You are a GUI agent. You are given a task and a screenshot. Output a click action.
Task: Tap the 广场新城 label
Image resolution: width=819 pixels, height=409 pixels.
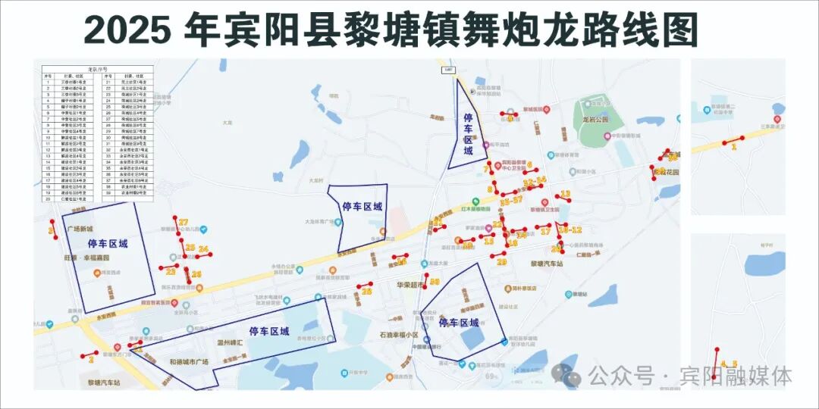(79, 229)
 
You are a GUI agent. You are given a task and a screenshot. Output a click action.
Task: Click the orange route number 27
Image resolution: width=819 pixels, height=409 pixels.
(183, 222)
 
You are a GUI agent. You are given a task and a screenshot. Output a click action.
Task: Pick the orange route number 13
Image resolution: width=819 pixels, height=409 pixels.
(565, 195)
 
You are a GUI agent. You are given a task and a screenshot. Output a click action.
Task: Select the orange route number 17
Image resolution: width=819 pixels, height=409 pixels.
(545, 232)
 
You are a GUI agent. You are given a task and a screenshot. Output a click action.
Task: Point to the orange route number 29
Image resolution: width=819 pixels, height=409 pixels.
(501, 262)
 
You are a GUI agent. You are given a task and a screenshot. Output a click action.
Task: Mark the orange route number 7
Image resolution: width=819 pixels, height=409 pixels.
(488, 169)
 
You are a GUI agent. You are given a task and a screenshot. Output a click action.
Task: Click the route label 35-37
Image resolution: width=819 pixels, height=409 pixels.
(510, 201)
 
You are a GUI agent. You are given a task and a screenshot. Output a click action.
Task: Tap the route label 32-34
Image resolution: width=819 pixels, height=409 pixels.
(535, 182)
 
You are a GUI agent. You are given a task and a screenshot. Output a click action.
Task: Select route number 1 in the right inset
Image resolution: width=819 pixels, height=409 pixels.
(733, 147)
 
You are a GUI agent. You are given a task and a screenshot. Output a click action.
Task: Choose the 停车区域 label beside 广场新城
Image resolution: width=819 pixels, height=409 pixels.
(108, 244)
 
